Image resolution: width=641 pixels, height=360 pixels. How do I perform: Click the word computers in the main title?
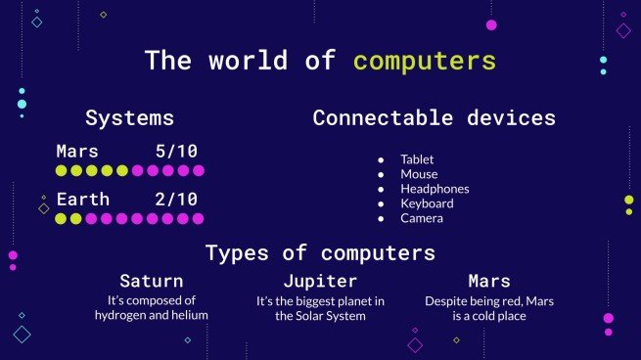click(x=425, y=60)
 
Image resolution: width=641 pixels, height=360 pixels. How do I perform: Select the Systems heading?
click(x=130, y=118)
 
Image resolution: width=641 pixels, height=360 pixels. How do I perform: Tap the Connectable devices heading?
click(x=434, y=118)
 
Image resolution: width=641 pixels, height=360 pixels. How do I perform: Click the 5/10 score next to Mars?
click(x=176, y=152)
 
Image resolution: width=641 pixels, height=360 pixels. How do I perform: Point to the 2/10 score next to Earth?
click(x=176, y=199)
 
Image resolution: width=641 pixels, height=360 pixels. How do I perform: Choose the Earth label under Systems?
click(x=82, y=199)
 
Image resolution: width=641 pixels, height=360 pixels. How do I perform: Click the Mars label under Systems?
click(x=77, y=152)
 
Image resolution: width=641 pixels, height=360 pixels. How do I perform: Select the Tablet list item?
click(x=417, y=159)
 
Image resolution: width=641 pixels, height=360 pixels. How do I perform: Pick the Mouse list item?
click(x=418, y=174)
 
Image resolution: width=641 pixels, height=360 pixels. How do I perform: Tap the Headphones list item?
click(x=435, y=189)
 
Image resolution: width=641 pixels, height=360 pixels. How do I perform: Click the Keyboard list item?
click(x=427, y=203)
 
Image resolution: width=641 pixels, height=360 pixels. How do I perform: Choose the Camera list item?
click(x=422, y=218)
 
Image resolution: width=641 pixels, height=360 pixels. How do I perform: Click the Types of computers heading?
click(x=320, y=253)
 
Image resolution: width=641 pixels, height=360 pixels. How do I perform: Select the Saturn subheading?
click(x=152, y=282)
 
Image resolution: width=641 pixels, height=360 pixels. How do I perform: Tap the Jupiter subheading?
click(x=320, y=282)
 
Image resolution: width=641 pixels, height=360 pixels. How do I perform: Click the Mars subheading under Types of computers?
click(x=489, y=282)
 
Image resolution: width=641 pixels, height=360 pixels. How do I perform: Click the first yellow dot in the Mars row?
click(x=61, y=171)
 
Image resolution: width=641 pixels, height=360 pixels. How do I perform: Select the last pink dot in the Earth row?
click(x=199, y=218)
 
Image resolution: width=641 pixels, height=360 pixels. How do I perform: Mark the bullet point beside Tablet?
click(x=381, y=159)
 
